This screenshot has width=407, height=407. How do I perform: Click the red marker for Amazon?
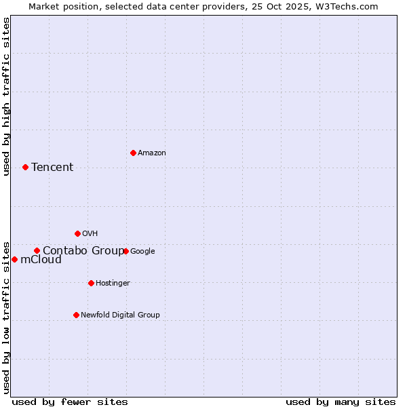pos(133,153)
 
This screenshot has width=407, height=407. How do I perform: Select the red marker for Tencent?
pos(25,167)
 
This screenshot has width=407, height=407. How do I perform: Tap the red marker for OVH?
pos(77,233)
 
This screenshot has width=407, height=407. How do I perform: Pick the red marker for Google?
pos(125,251)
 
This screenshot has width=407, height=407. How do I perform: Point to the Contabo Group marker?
pos(37,250)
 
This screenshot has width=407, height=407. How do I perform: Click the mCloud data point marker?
pos(14,259)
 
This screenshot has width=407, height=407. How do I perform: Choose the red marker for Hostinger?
pos(91,283)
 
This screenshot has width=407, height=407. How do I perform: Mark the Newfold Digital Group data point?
pos(76,315)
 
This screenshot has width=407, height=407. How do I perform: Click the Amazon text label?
pos(151,153)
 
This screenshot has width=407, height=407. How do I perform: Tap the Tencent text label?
pos(52,168)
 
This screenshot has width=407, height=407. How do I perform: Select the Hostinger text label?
pos(113,284)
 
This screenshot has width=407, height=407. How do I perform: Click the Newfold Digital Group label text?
pos(120,315)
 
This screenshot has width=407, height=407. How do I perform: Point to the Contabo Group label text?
pos(83,251)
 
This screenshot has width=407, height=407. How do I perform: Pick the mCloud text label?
pos(41,260)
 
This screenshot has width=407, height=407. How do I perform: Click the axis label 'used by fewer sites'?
pos(70,402)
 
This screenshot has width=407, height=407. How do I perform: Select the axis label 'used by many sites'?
pos(341,402)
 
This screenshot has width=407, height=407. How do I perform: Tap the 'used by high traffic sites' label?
pos(6,96)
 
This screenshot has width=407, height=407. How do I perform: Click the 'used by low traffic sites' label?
pos(6,317)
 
